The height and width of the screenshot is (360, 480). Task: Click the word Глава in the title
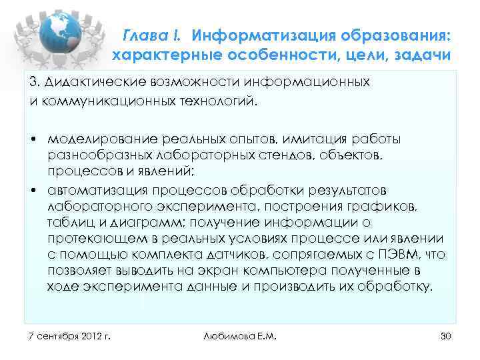pyautogui.click(x=143, y=34)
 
